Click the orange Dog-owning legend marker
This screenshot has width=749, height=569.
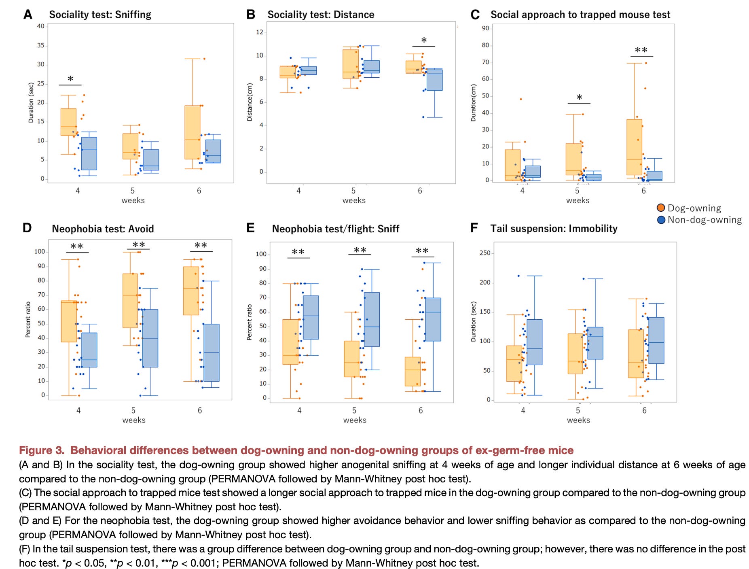tap(661, 208)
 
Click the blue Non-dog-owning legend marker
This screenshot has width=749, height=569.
tap(661, 220)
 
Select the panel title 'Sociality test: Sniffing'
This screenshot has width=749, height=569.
tap(100, 15)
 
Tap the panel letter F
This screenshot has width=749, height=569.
tap(474, 228)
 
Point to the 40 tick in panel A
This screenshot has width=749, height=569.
tap(40, 26)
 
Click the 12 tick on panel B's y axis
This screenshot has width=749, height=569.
tap(259, 32)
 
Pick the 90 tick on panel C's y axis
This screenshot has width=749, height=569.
tap(485, 28)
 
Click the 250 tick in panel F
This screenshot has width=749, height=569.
tap(485, 253)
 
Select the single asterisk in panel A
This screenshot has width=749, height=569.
tap(70, 79)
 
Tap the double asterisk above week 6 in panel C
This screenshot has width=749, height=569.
tap(641, 51)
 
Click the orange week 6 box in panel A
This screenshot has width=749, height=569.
tap(192, 132)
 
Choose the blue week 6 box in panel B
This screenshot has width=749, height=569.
tap(435, 80)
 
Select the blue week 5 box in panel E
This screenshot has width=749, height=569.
tap(372, 319)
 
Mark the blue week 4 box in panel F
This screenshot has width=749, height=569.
tap(534, 342)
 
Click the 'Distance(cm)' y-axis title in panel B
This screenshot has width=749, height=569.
tap(250, 102)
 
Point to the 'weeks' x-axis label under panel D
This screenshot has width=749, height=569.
tap(134, 420)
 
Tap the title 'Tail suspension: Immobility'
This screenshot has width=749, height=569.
tap(554, 229)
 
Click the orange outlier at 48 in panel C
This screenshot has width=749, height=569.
tap(521, 99)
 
